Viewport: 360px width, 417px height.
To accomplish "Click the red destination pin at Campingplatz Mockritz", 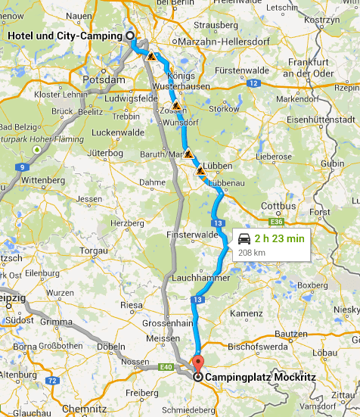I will (x=198, y=362).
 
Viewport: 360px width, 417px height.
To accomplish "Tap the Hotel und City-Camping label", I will (x=66, y=36).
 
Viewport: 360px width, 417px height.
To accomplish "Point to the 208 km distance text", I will (x=251, y=252).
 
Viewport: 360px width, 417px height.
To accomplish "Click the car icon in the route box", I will (x=244, y=239).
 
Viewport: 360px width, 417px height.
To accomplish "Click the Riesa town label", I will (x=131, y=305).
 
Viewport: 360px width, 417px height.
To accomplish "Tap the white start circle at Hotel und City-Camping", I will (x=129, y=35).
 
